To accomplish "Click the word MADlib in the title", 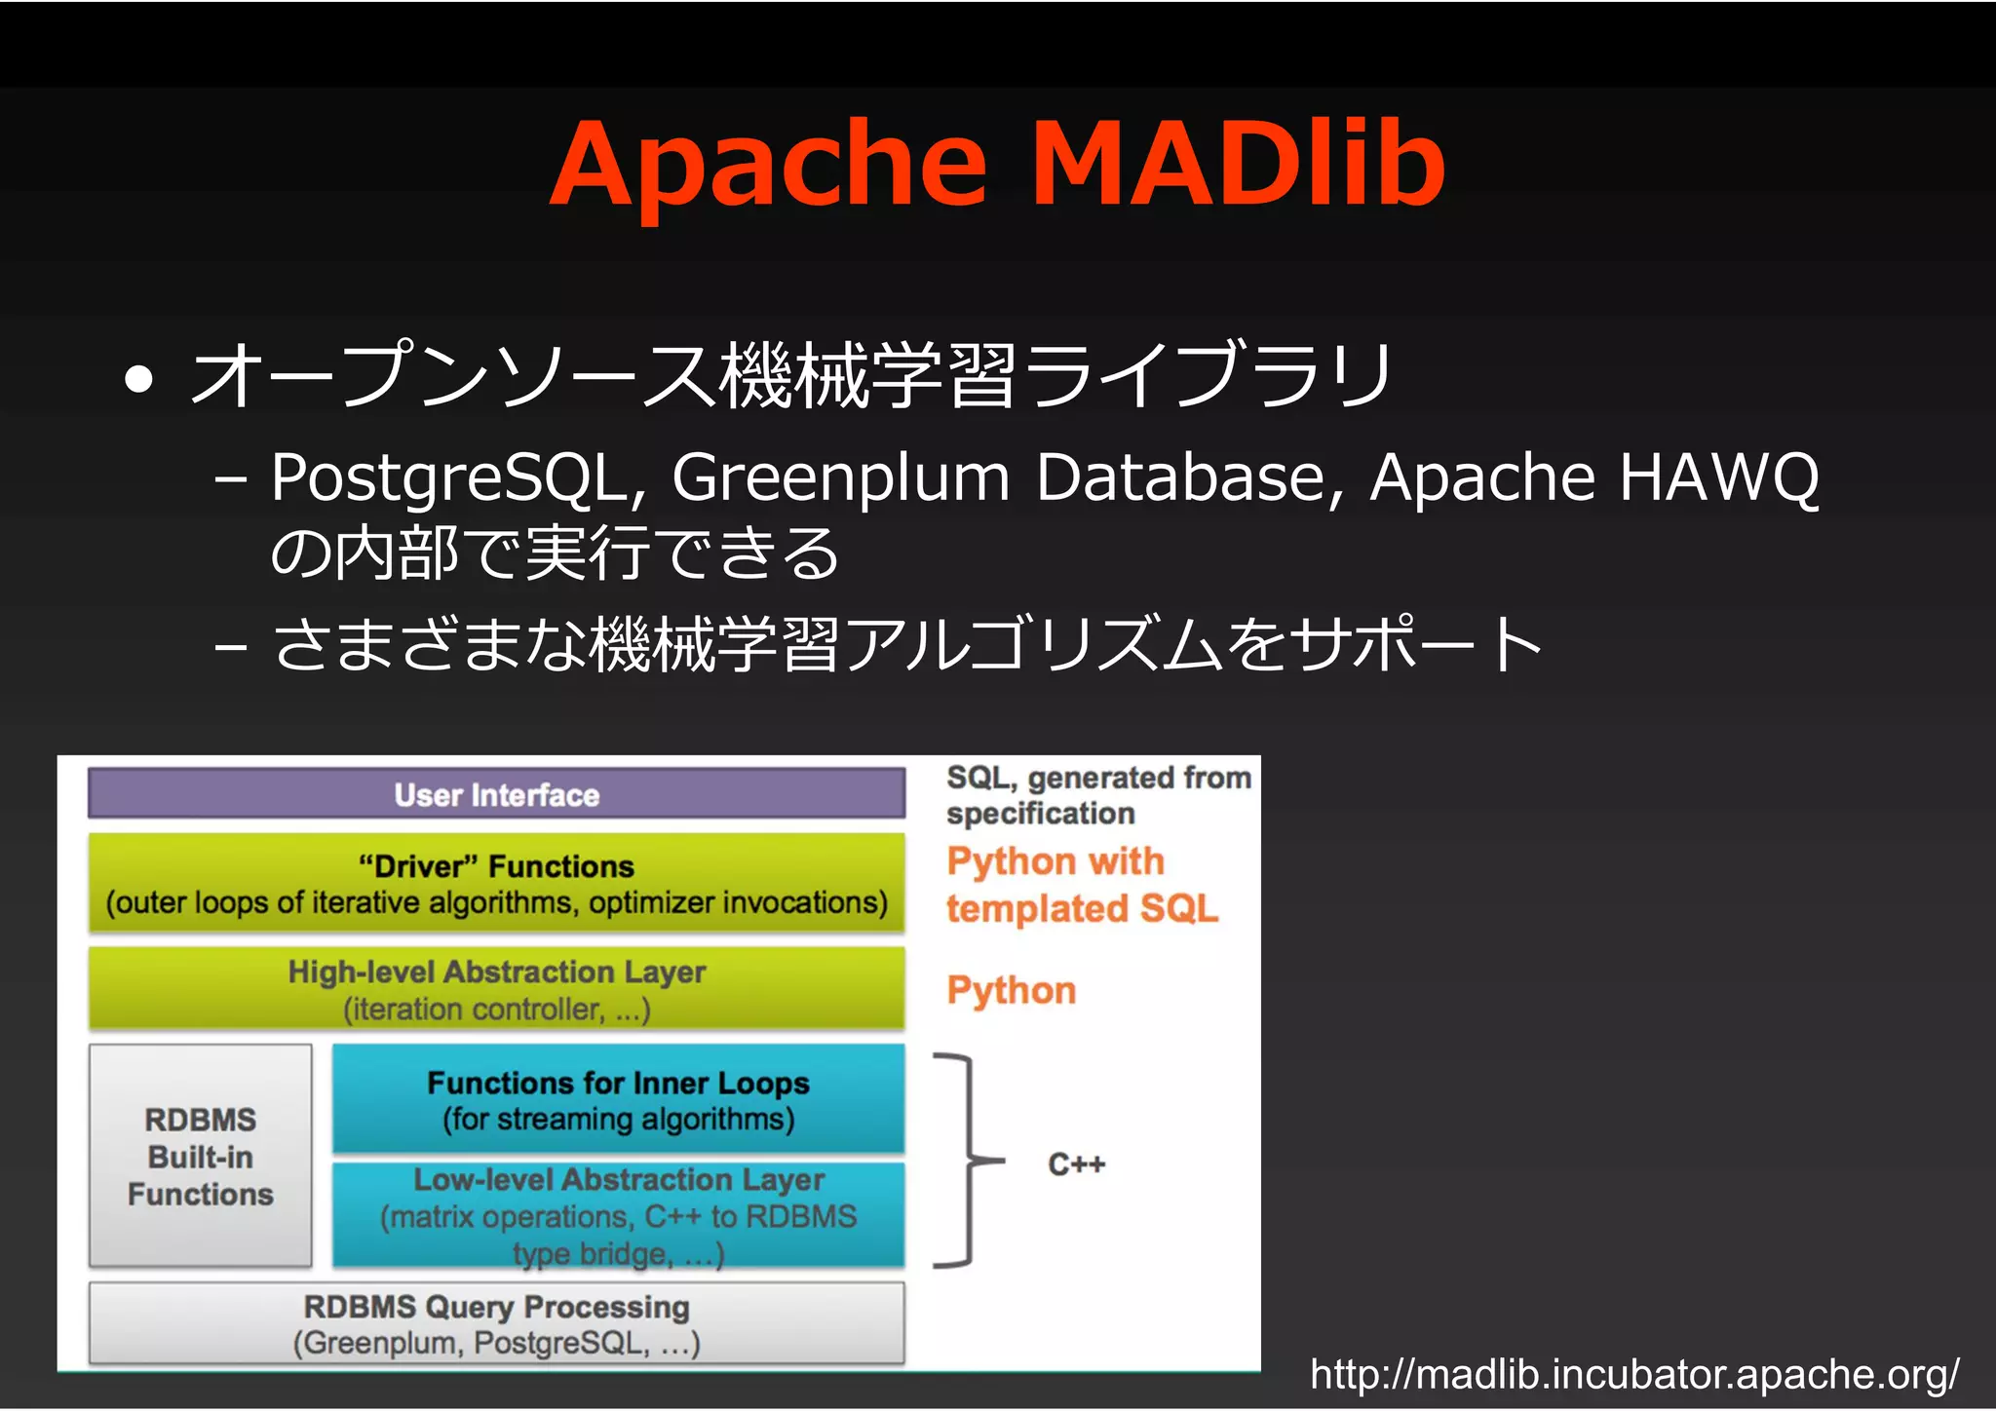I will click(1237, 164).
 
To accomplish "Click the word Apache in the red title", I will click(770, 164).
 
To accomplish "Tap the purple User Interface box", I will click(496, 794).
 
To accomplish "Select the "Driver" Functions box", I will click(496, 884).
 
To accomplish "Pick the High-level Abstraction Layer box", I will click(496, 989).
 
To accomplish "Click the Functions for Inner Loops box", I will click(618, 1099).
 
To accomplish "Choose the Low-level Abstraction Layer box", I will click(618, 1215).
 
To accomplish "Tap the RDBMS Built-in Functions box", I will click(201, 1156).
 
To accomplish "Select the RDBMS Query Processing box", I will click(496, 1323).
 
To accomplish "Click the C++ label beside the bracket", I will click(1076, 1163).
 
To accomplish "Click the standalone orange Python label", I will click(1012, 990).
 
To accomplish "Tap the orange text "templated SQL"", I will click(1082, 908).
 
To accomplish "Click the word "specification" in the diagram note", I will click(1040, 813).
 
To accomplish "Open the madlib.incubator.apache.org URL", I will click(1633, 1374).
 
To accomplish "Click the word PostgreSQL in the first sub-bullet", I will click(458, 477).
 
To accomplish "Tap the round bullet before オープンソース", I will click(139, 379).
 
